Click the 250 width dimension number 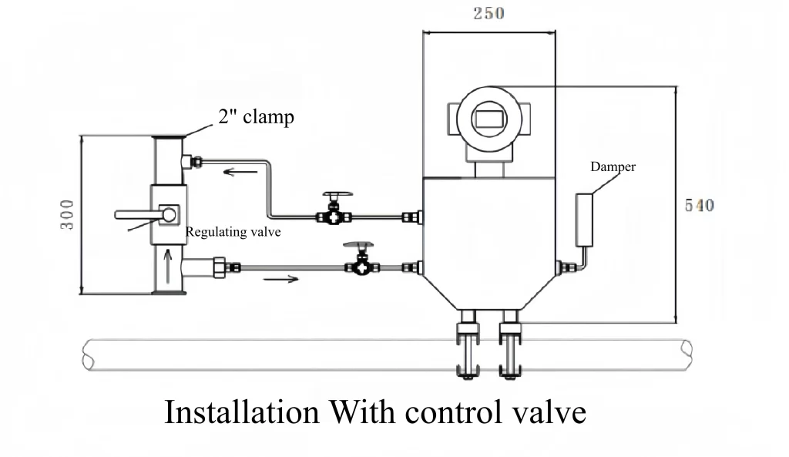pyautogui.click(x=489, y=14)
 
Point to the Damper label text pyautogui.click(x=613, y=166)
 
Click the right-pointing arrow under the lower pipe pyautogui.click(x=281, y=277)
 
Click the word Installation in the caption pyautogui.click(x=241, y=412)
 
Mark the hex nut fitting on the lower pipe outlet pyautogui.click(x=219, y=267)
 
